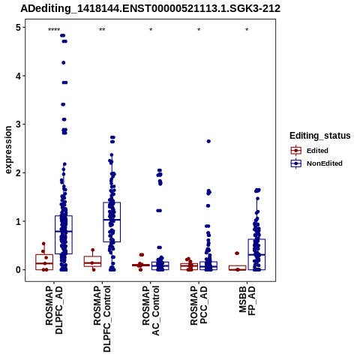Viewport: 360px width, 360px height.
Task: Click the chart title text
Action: coord(150,8)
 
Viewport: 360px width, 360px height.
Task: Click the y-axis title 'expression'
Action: coord(8,150)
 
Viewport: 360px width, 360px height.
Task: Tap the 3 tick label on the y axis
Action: coord(19,124)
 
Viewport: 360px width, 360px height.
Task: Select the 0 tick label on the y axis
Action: coord(19,270)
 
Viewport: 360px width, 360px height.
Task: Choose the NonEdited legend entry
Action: coord(316,163)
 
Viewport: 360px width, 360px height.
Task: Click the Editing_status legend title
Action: coord(319,136)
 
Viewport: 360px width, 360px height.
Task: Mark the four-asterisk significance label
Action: coord(54,30)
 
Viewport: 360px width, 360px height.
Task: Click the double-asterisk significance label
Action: coord(102,30)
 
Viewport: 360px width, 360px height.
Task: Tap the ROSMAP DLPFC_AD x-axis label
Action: coord(54,310)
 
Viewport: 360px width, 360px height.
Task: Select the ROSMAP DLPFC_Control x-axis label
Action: coord(102,319)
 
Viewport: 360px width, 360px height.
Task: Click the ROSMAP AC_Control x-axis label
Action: coord(151,310)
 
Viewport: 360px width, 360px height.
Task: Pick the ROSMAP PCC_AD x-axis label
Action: coord(199,305)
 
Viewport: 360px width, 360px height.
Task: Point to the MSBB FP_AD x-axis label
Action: coord(247,301)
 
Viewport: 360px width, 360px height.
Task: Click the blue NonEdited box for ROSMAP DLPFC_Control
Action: coord(112,222)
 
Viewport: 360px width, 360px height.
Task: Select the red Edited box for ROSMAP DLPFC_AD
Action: coord(44,262)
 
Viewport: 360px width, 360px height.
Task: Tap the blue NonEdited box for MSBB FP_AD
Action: coord(256,254)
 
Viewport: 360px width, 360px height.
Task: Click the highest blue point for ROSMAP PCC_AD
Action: coord(208,141)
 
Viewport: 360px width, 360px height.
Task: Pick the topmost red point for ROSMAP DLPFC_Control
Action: coord(93,250)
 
